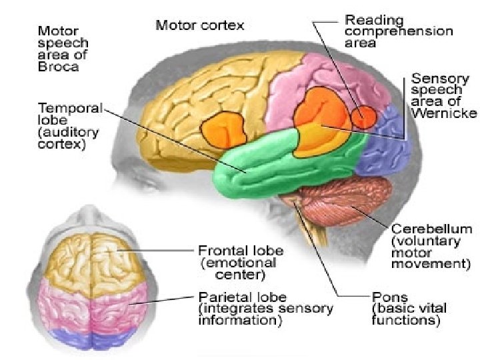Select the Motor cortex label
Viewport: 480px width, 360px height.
[x=200, y=26]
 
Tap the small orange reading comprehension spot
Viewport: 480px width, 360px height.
[x=365, y=116]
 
